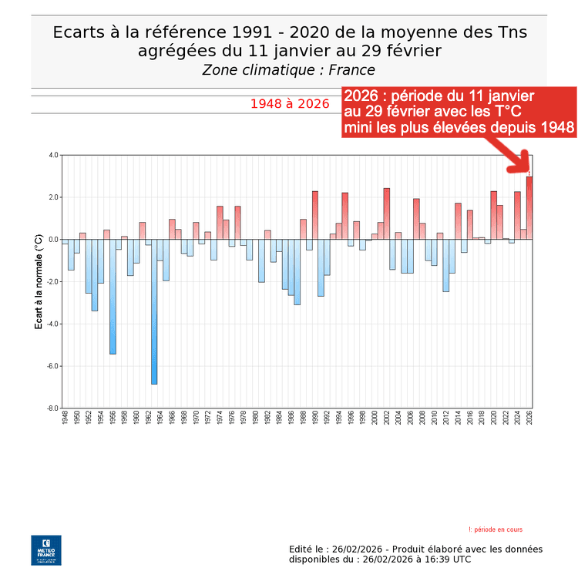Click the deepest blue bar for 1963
(x=154, y=311)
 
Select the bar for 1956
(x=113, y=296)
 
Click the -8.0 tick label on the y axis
(x=53, y=408)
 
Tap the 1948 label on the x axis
(x=65, y=418)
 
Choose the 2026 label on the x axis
(x=529, y=418)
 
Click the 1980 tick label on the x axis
(x=255, y=418)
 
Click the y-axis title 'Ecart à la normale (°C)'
(x=39, y=281)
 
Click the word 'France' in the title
(x=352, y=70)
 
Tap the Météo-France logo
(x=45, y=550)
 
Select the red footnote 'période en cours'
(x=498, y=529)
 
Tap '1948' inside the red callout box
(x=555, y=126)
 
